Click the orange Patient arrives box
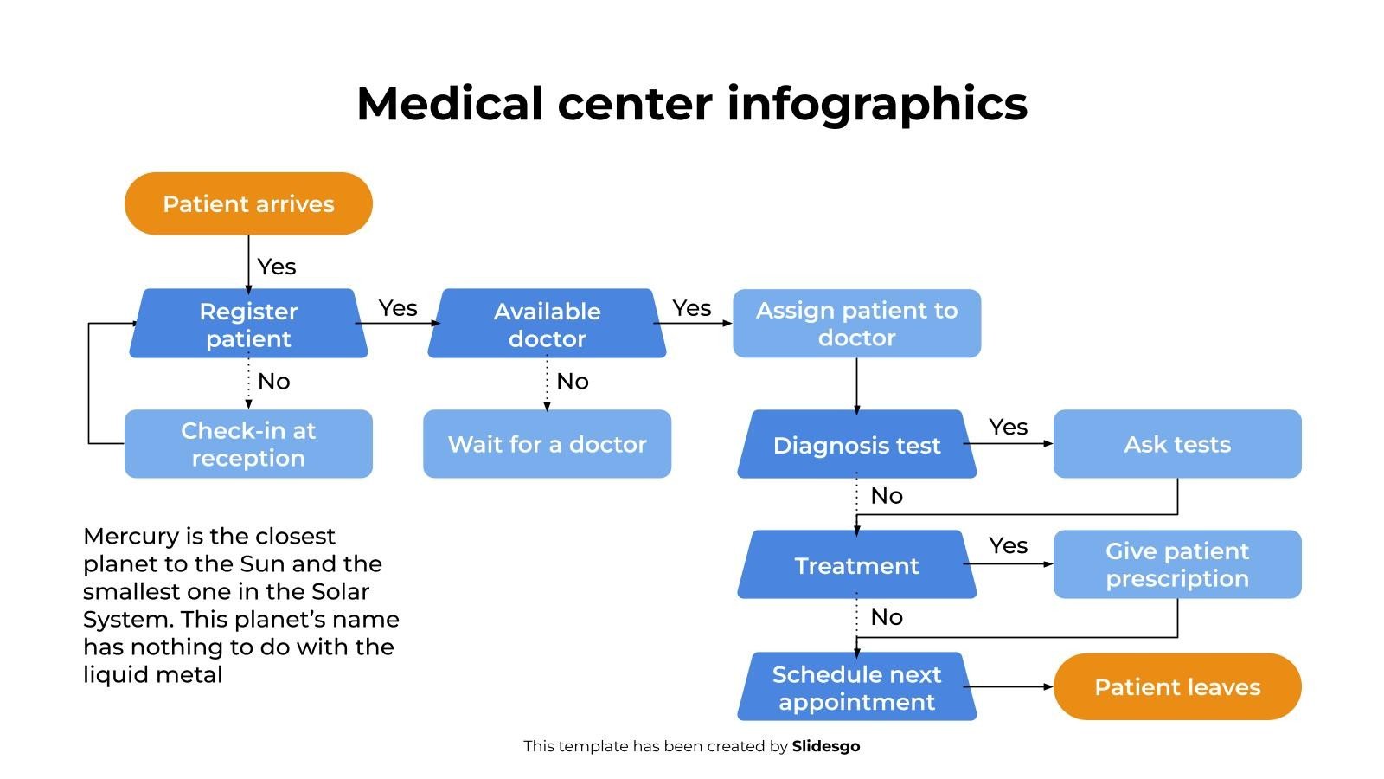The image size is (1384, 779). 248,203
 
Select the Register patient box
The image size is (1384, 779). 248,324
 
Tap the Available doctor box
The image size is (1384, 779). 547,324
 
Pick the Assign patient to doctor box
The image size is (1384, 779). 856,324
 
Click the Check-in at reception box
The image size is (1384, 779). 248,444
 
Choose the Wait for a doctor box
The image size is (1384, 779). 547,444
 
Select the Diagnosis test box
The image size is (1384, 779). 856,445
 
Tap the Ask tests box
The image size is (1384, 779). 1177,444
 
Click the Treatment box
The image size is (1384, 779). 856,565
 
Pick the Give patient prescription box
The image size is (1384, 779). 1177,564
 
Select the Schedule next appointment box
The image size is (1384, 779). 856,687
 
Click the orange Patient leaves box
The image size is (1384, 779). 1177,686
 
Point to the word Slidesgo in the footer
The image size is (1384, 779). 826,746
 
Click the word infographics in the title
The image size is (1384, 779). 877,105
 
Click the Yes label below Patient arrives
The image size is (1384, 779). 277,267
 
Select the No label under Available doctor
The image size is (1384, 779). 573,382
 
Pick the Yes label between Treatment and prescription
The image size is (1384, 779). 1009,545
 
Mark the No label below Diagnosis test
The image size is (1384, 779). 887,496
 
